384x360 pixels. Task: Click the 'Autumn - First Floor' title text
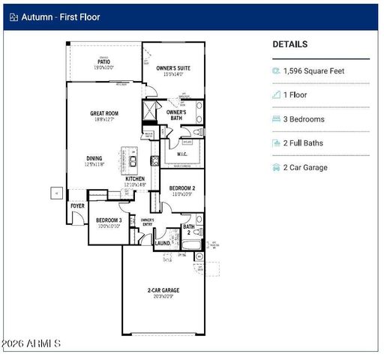coord(59,16)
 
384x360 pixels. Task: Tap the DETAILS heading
coord(289,45)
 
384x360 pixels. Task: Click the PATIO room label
coord(103,63)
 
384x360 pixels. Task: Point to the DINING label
coord(94,158)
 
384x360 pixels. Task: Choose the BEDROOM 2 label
coord(181,188)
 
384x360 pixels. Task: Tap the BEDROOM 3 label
coord(109,220)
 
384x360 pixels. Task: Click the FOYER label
coord(77,205)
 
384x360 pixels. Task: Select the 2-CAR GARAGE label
coord(163,289)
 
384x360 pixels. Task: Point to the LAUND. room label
coord(162,243)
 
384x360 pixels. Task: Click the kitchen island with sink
coord(133,160)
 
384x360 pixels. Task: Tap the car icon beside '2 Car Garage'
coord(277,167)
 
